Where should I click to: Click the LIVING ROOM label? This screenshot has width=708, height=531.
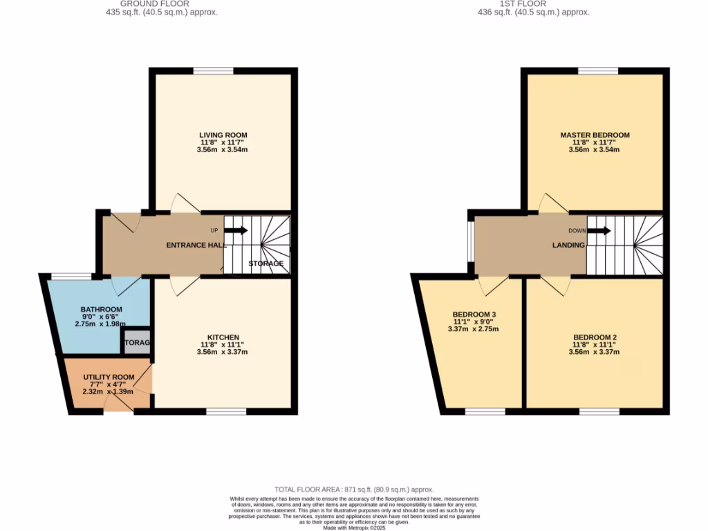tap(223, 135)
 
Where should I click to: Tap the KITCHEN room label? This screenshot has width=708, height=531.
tap(223, 337)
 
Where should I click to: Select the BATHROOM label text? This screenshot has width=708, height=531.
tap(101, 309)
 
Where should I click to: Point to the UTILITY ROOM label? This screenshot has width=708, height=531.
tap(109, 377)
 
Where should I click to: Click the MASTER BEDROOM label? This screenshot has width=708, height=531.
tap(595, 135)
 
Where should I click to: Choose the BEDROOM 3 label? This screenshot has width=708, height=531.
tap(474, 314)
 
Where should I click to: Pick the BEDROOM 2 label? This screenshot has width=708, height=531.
tap(595, 337)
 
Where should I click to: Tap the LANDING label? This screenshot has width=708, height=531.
tap(568, 245)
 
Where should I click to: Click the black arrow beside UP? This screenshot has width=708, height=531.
tap(236, 231)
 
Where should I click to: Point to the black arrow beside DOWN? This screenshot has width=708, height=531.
tap(599, 231)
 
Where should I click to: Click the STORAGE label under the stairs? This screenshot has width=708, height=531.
tap(265, 263)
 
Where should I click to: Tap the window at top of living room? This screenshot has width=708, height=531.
tap(213, 71)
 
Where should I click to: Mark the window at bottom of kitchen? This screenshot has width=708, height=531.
tap(226, 412)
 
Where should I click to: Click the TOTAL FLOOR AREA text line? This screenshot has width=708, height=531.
tap(353, 489)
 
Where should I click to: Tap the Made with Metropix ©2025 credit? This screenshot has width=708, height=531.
tap(353, 528)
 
